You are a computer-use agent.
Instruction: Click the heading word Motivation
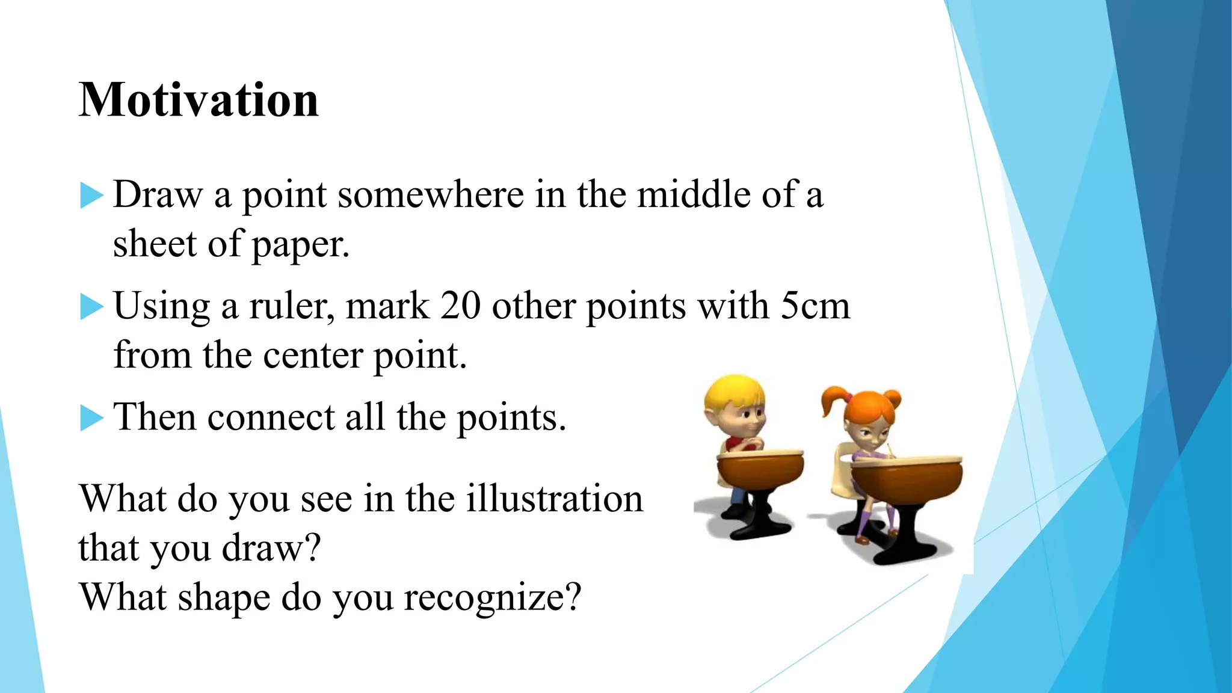click(x=199, y=100)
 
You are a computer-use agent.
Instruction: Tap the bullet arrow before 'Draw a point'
click(x=91, y=196)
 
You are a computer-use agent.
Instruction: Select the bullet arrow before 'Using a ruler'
click(x=91, y=307)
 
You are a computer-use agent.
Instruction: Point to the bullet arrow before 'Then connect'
click(x=91, y=417)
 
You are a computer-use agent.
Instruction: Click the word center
click(x=313, y=356)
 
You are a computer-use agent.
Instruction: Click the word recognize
click(x=492, y=598)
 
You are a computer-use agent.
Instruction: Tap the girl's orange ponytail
click(x=833, y=400)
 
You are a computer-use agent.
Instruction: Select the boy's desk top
click(x=760, y=454)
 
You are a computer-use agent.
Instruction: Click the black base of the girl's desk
click(x=908, y=550)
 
